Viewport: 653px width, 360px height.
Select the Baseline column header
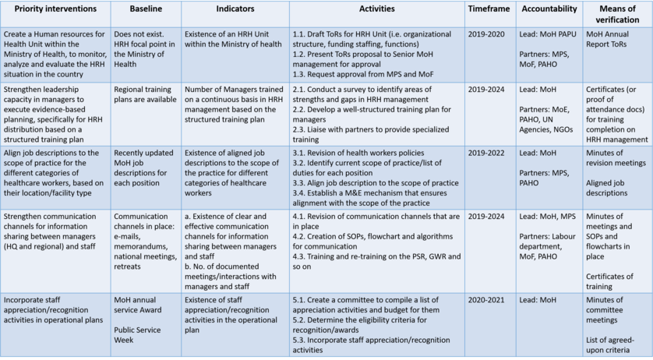[145, 9]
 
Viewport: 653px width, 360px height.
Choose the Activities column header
[376, 9]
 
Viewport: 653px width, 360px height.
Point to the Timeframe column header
[489, 9]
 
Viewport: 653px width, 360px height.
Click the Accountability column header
[549, 9]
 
